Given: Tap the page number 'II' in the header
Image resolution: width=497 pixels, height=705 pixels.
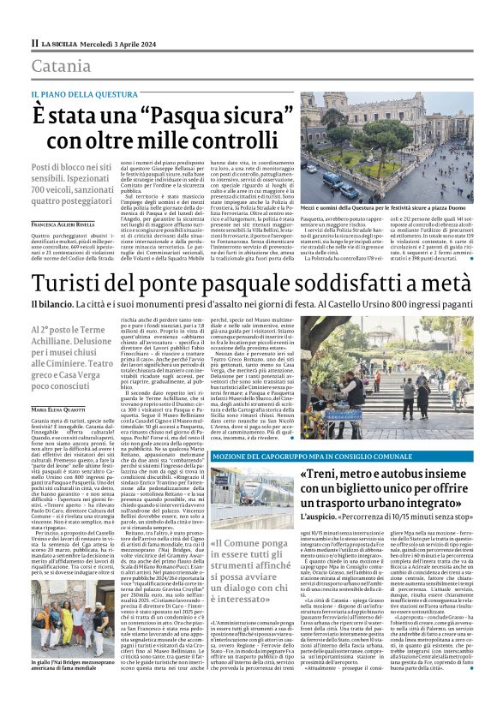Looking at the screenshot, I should tap(35, 43).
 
